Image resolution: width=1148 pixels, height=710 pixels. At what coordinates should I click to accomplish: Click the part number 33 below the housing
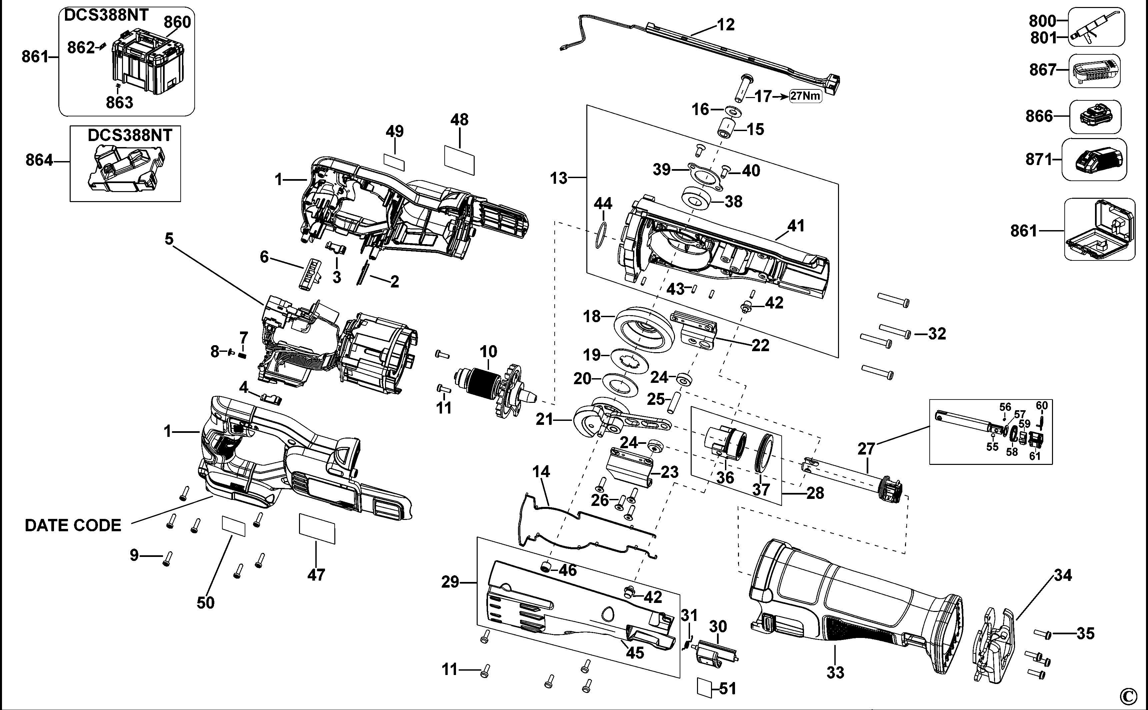tap(835, 672)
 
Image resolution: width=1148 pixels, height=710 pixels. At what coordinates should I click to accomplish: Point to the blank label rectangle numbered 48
tap(459, 160)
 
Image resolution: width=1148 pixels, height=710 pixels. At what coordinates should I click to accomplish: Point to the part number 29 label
tap(450, 582)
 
